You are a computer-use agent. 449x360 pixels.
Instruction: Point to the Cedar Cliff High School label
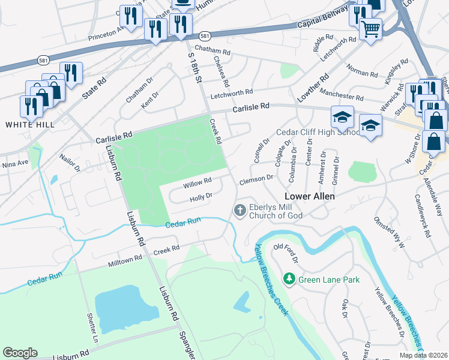tap(310, 133)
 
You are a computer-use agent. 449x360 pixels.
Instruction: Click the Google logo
tap(20, 353)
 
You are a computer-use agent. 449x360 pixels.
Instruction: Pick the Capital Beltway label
tap(324, 18)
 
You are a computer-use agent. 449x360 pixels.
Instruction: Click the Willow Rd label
tap(198, 181)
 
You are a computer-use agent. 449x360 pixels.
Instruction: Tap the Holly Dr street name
tap(201, 196)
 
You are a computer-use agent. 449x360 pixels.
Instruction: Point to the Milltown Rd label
tap(125, 259)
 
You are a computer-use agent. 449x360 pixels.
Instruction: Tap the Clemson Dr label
tap(256, 178)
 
